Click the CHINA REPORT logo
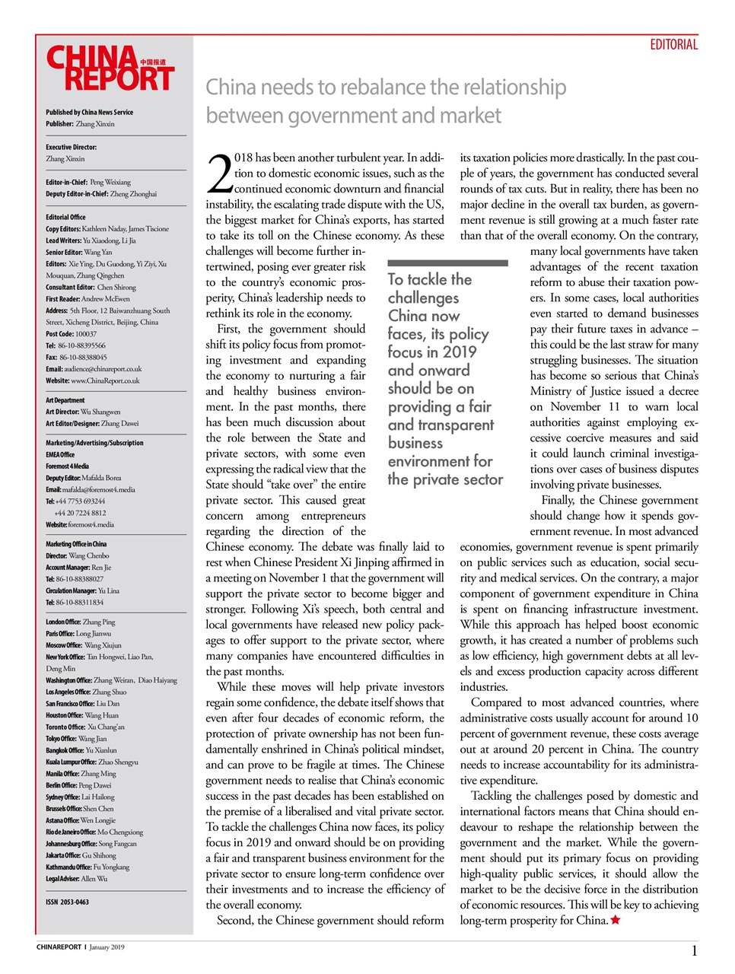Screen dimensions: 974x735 [110, 68]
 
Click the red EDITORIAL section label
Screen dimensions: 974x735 [673, 45]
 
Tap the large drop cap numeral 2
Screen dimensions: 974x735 [219, 174]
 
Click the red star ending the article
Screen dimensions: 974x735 [616, 921]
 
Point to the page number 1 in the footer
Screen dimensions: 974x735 [694, 950]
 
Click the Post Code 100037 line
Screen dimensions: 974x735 [71, 334]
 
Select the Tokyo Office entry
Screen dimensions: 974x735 [76, 739]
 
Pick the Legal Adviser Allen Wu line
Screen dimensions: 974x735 [76, 879]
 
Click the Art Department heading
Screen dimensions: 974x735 [65, 400]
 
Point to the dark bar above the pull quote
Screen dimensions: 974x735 [447, 263]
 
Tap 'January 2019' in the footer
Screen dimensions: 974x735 [107, 947]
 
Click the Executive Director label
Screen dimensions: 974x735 [71, 147]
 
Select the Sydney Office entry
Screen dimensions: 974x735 [80, 797]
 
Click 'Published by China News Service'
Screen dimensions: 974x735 [89, 112]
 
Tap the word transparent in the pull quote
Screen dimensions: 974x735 [455, 425]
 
